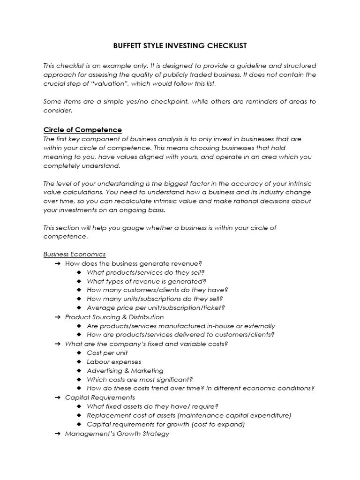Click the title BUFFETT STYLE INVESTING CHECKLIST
point(180,46)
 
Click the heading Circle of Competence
point(82,130)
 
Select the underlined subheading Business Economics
point(75,255)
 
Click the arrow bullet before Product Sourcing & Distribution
point(57,317)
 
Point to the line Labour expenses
point(114,362)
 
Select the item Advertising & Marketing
point(125,371)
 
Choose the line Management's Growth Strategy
point(117,434)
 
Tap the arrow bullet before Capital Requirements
point(57,397)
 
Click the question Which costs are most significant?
point(140,380)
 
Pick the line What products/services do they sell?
point(146,272)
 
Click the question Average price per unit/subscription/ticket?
point(156,308)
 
